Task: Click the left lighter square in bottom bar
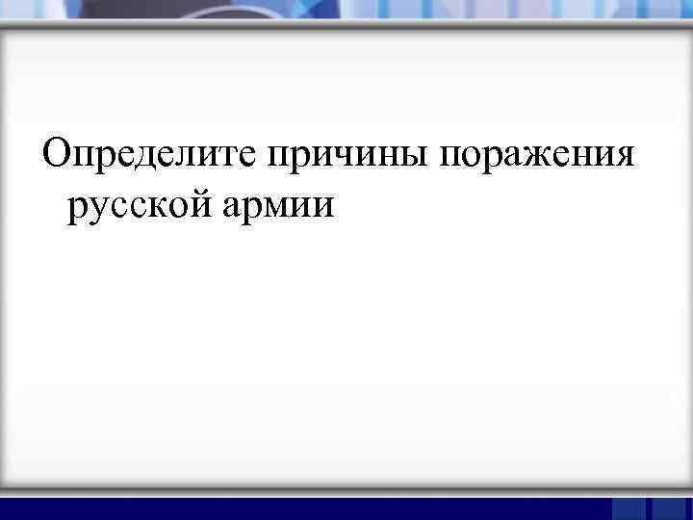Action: [x=629, y=508]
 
